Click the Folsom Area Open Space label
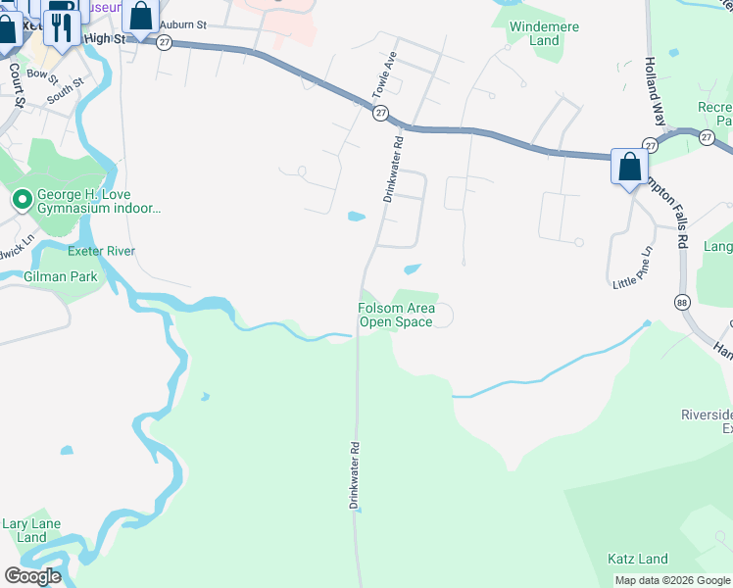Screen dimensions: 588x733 click(395, 315)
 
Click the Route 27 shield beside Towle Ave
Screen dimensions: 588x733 click(380, 114)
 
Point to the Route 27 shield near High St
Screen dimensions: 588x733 click(165, 43)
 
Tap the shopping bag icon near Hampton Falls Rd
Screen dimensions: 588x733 click(628, 167)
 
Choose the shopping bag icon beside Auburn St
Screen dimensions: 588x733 click(140, 18)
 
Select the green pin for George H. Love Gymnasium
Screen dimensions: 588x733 click(22, 201)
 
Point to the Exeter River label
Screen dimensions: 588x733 click(101, 252)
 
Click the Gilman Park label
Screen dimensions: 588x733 click(69, 277)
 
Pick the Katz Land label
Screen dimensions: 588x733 click(638, 560)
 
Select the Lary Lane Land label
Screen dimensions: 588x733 click(31, 530)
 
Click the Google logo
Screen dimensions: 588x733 click(32, 576)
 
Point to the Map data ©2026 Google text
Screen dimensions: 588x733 click(672, 580)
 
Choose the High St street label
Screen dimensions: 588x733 click(107, 38)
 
